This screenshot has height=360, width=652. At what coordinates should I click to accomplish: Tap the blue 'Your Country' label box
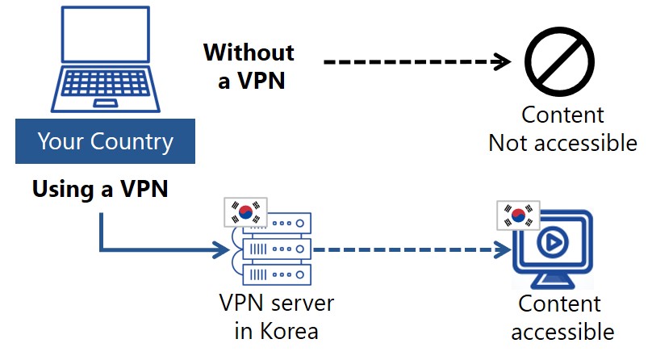click(105, 143)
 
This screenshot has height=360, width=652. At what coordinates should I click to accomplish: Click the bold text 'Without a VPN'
click(249, 66)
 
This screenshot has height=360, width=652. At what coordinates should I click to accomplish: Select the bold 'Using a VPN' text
click(99, 190)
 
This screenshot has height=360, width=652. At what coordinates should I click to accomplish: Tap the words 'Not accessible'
click(562, 143)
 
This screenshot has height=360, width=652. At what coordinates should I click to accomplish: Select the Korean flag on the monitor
click(517, 216)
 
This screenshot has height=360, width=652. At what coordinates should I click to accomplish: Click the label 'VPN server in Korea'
click(276, 317)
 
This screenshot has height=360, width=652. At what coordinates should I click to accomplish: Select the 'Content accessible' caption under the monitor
click(562, 317)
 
